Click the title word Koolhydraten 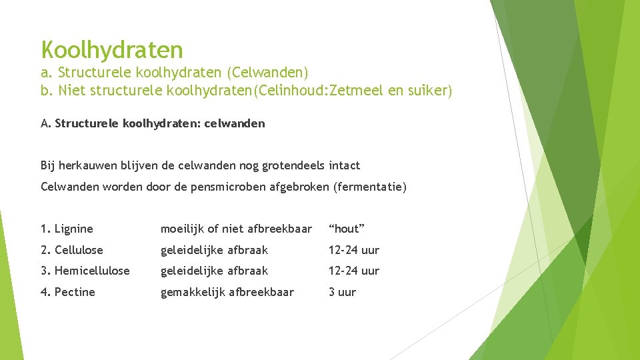(x=111, y=49)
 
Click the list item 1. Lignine (x=67, y=229)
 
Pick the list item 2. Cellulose (x=72, y=250)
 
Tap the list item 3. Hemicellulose (x=85, y=271)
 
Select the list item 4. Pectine (x=68, y=292)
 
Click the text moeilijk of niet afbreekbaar (x=236, y=229)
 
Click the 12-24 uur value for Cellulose (x=353, y=250)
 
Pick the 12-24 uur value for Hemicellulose (x=353, y=271)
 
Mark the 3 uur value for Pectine (x=342, y=292)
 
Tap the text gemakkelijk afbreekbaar (x=227, y=292)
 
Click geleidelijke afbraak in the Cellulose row (x=214, y=250)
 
